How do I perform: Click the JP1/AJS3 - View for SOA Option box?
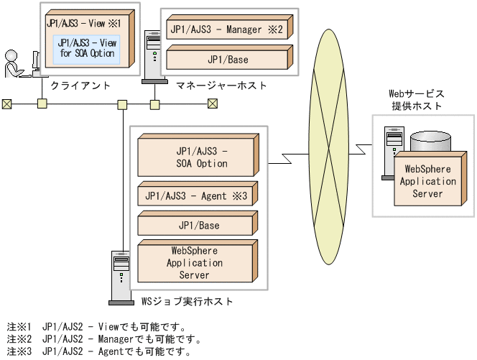(x=86, y=47)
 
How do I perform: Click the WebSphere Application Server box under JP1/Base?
(x=195, y=263)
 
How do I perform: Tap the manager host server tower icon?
(x=152, y=60)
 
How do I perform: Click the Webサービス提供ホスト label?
(x=417, y=100)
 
